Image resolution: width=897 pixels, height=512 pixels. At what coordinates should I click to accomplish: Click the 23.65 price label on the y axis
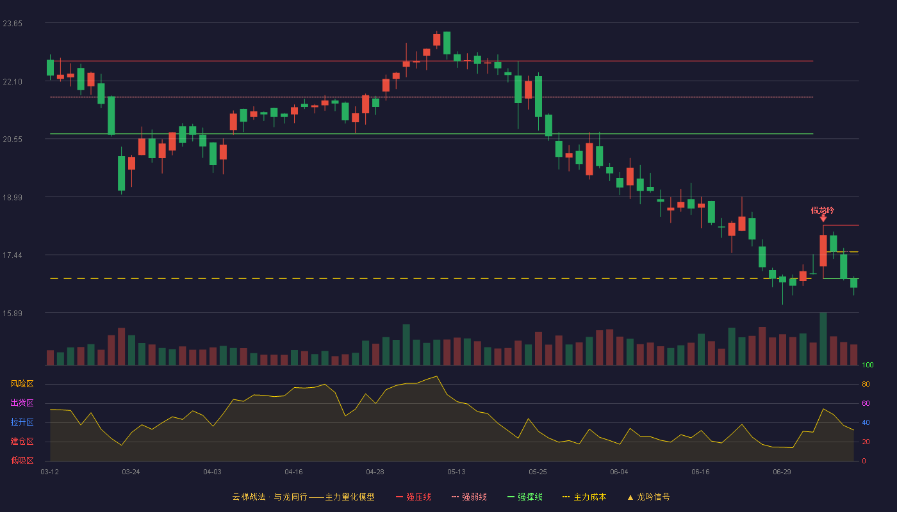pos(12,24)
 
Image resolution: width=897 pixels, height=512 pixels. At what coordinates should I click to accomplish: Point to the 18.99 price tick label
pos(12,198)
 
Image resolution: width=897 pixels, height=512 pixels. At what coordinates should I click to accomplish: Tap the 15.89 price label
pos(12,313)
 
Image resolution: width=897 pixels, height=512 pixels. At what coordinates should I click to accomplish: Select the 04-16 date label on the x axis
pos(293,472)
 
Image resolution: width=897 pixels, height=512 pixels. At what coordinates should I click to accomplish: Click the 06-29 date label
pos(782,472)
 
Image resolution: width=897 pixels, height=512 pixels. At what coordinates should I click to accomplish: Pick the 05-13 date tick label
pos(456,472)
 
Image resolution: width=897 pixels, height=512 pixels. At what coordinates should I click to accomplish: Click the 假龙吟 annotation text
pos(823,211)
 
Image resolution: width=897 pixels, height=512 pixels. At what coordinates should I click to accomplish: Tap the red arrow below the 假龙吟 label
pos(823,218)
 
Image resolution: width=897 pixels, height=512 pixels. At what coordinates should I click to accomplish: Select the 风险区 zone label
pos(22,384)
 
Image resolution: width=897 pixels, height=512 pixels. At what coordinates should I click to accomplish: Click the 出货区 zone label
pos(22,403)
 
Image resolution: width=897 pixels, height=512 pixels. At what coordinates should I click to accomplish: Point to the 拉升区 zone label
pos(22,422)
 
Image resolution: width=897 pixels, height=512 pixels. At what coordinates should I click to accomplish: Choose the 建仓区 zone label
pos(22,441)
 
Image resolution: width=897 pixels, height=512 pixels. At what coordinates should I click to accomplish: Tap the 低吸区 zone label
pos(22,460)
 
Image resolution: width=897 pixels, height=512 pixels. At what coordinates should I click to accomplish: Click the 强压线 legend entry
pos(413,497)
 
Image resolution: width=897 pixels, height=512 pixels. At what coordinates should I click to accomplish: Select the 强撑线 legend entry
pos(525,497)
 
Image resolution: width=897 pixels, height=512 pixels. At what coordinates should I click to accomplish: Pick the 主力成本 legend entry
pos(584,497)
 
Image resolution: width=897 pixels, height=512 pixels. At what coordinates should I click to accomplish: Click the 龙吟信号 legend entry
pos(648,497)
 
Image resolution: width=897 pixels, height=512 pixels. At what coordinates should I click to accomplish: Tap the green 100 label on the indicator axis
pos(868,365)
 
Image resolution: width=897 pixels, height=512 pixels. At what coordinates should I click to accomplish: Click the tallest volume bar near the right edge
pos(823,339)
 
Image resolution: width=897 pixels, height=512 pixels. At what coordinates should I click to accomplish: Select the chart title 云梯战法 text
pos(249,497)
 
